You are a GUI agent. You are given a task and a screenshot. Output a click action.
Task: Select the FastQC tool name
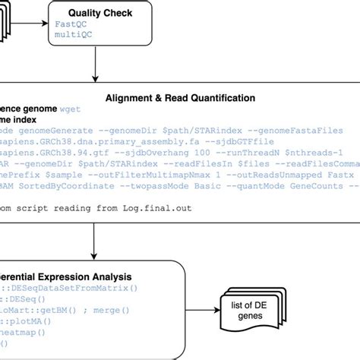[71, 24]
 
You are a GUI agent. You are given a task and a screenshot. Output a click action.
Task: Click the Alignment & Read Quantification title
[179, 98]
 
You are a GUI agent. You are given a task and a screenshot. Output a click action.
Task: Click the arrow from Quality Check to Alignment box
[95, 65]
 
